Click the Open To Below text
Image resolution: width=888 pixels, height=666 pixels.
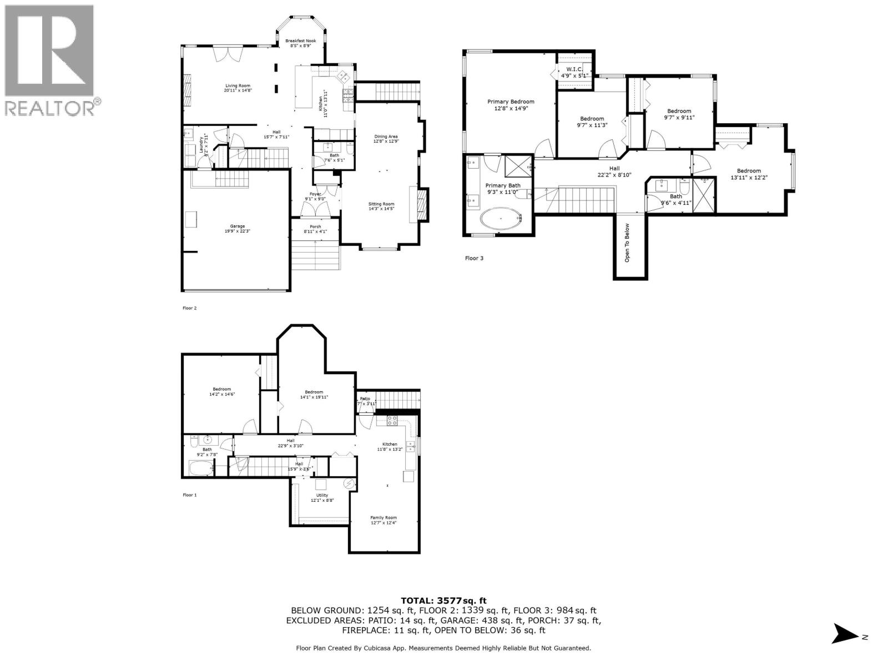[628, 243]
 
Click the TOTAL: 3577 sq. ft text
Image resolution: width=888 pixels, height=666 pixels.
[443, 600]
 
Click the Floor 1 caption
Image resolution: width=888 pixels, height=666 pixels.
[190, 495]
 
